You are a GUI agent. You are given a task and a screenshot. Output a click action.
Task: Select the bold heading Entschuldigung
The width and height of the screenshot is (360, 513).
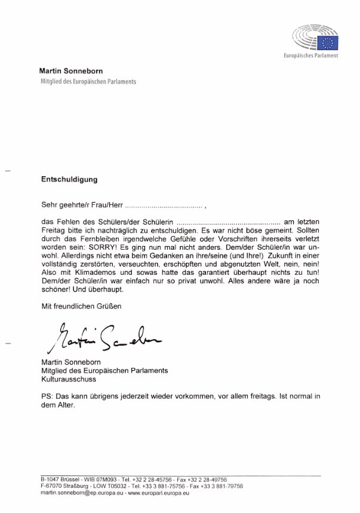click(x=69, y=179)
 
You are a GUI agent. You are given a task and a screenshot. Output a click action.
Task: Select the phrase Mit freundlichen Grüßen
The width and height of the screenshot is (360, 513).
click(x=81, y=306)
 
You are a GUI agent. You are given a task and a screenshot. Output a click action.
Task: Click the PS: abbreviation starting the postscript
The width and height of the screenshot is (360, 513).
click(x=47, y=396)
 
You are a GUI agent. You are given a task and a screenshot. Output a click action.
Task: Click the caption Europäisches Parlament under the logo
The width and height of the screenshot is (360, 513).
click(x=311, y=56)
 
